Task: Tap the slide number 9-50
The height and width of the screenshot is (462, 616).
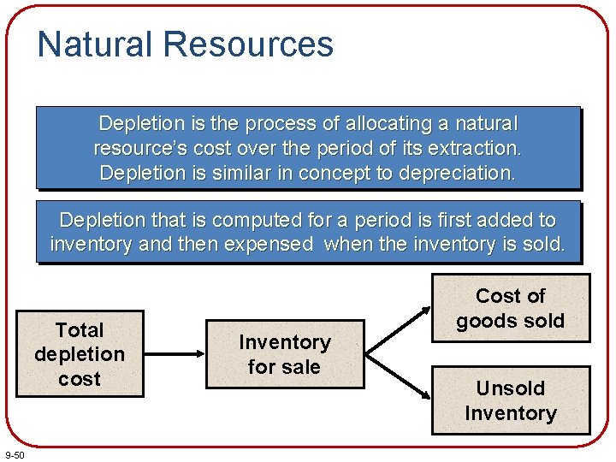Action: (x=15, y=453)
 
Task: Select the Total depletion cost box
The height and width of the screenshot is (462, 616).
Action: (x=80, y=354)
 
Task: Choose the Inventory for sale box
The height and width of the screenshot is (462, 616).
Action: (x=284, y=354)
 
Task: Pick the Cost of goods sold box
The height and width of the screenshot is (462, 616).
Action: (x=510, y=308)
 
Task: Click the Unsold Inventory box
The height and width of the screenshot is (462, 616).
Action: (x=510, y=400)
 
